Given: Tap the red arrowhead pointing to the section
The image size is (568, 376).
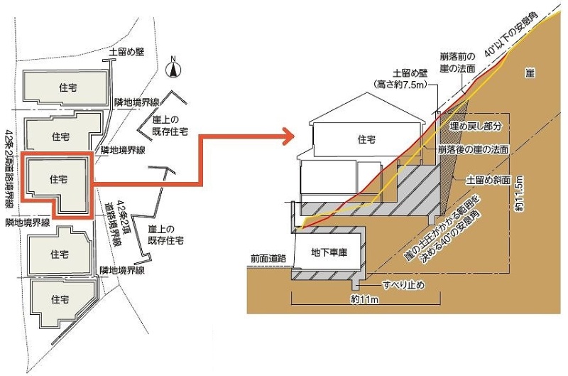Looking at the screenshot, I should (x=287, y=136).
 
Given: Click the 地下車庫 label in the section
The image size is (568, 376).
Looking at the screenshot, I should (x=329, y=253).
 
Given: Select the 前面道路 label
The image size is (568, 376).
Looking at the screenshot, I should (x=268, y=259).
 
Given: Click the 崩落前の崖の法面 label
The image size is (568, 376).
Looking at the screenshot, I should (x=459, y=61).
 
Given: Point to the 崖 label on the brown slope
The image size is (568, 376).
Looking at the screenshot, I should (x=530, y=72).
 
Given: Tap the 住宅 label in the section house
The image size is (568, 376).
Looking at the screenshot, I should (x=366, y=140).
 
